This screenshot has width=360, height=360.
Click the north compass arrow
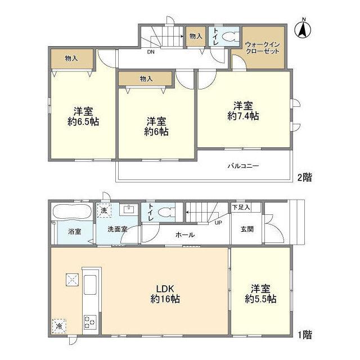point(303,29)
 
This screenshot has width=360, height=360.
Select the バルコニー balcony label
point(243,166)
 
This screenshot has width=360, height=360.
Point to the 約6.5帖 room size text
point(83,121)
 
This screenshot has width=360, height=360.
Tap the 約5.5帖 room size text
point(260,299)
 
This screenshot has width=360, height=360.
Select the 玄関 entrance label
point(247,229)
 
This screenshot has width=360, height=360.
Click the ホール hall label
point(186,235)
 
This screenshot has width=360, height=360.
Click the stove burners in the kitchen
point(90,322)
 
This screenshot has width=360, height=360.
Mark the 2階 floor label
point(304,177)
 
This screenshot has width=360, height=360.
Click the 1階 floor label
point(304,335)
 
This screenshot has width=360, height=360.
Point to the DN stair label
point(151,52)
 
